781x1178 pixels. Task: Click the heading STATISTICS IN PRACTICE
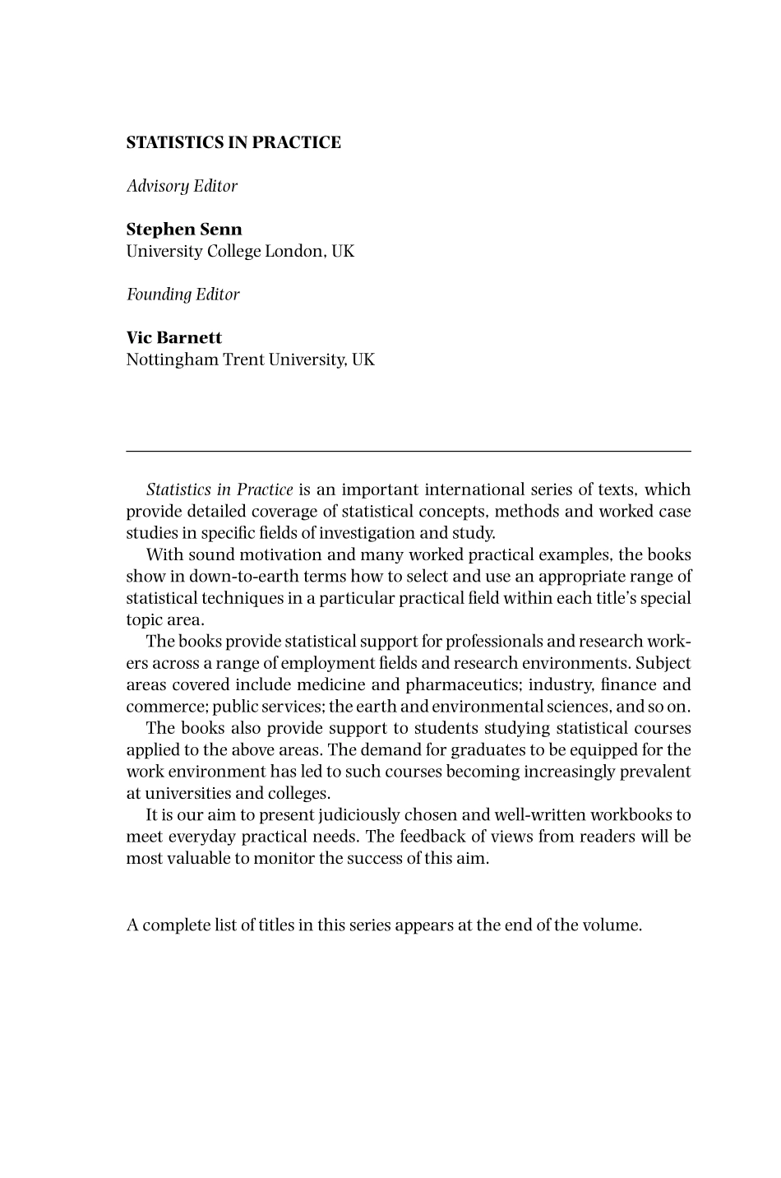pyautogui.click(x=233, y=142)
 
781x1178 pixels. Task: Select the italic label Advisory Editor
pyautogui.click(x=182, y=186)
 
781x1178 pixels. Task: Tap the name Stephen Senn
pyautogui.click(x=184, y=230)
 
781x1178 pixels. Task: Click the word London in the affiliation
pyautogui.click(x=293, y=251)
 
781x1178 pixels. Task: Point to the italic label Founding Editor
pyautogui.click(x=183, y=294)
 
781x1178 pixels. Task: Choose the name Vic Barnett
pyautogui.click(x=173, y=338)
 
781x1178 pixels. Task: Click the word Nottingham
pyautogui.click(x=172, y=359)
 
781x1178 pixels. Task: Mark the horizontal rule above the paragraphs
pyautogui.click(x=408, y=451)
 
